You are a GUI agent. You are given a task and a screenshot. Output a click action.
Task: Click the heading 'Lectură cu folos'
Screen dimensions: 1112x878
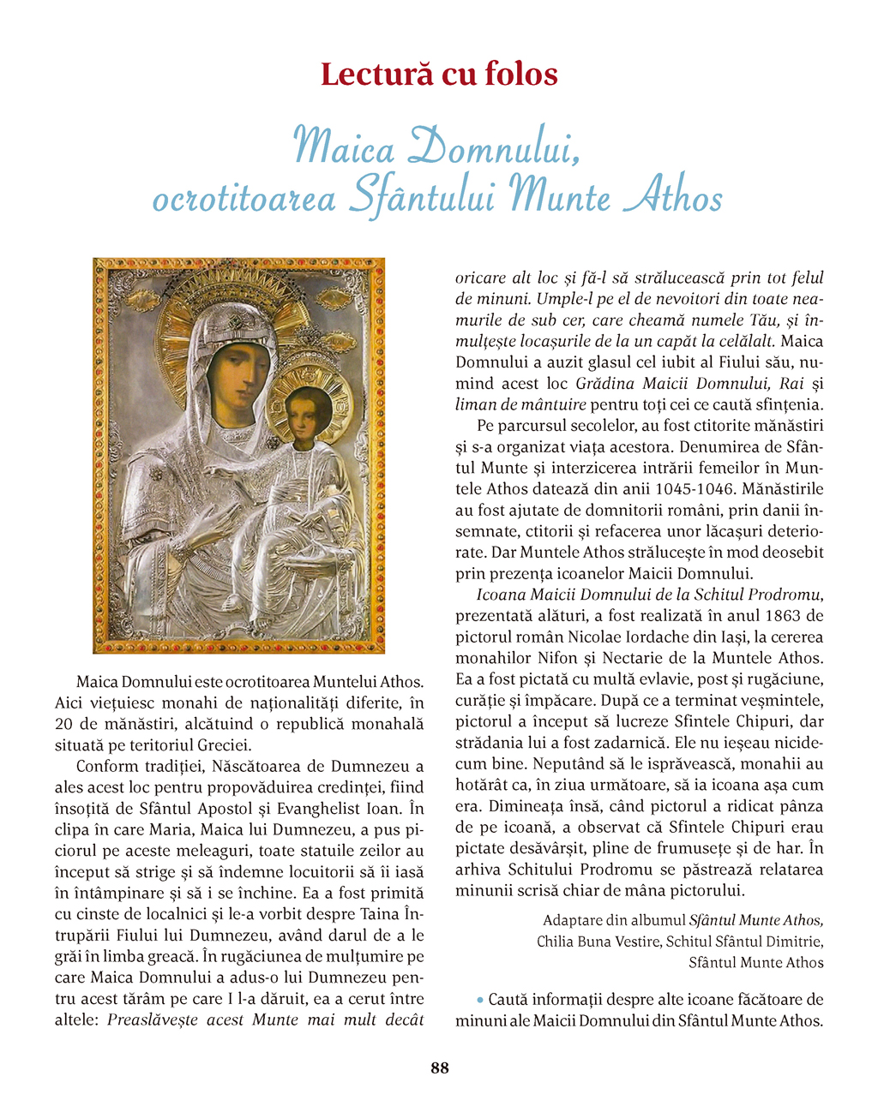(x=439, y=75)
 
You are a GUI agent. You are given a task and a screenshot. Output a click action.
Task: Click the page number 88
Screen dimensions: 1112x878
(x=439, y=1067)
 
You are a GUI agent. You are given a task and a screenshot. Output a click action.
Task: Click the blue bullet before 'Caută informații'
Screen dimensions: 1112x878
(x=480, y=999)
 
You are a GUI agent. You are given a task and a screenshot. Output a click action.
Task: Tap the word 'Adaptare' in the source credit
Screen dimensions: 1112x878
(x=572, y=920)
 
